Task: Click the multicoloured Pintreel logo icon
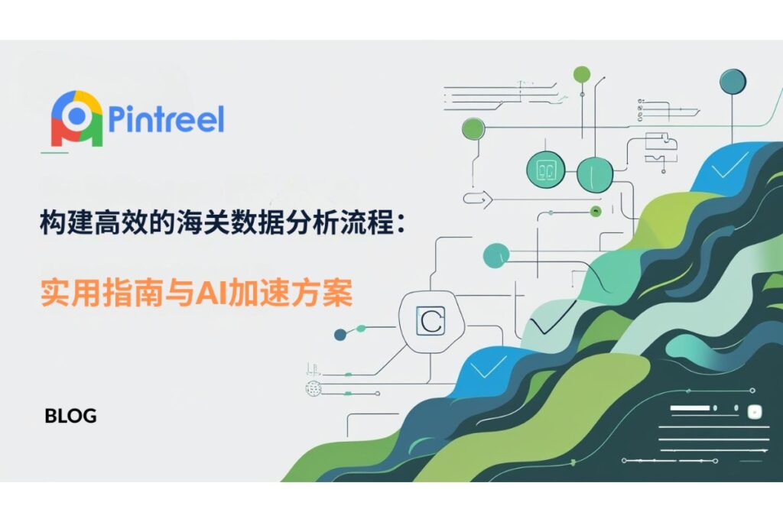pyautogui.click(x=77, y=118)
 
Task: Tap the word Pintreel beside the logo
pyautogui.click(x=166, y=119)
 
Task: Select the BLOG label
pyautogui.click(x=70, y=416)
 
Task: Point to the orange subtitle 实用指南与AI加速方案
pyautogui.click(x=197, y=293)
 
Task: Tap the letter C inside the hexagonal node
pyautogui.click(x=431, y=322)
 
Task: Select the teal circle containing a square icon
pyautogui.click(x=546, y=170)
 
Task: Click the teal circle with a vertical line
pyautogui.click(x=595, y=173)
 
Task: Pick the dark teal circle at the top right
pyautogui.click(x=733, y=81)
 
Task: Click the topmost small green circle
pyautogui.click(x=582, y=75)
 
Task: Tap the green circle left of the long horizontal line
pyautogui.click(x=473, y=128)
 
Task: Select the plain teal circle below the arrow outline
pyautogui.click(x=495, y=255)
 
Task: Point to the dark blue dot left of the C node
pyautogui.click(x=340, y=334)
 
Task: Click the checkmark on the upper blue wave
pyautogui.click(x=729, y=166)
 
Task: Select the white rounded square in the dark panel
pyautogui.click(x=754, y=412)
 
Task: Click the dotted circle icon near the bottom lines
pyautogui.click(x=313, y=388)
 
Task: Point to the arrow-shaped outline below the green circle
pyautogui.click(x=477, y=199)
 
